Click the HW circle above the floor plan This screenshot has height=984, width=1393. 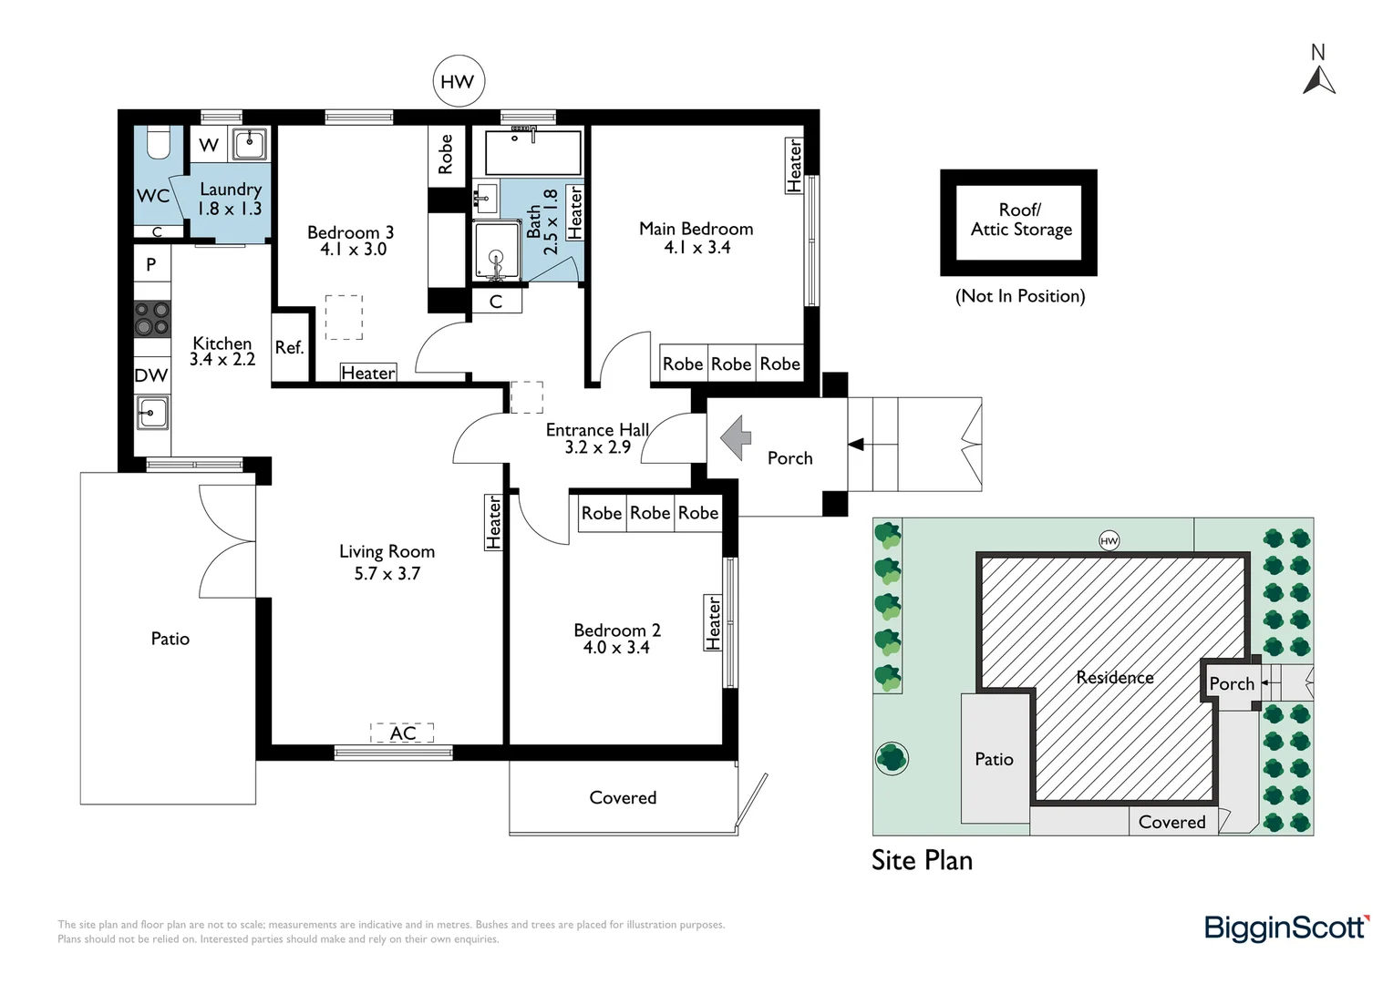458,82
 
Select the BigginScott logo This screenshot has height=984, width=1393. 1285,928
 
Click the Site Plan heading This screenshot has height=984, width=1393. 922,860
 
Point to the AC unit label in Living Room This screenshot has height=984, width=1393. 402,733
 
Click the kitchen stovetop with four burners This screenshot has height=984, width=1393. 152,319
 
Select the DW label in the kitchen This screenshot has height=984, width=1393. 151,375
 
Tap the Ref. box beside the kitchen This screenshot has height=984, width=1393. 289,348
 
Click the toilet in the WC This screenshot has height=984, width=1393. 160,144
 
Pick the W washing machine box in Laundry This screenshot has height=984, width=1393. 209,145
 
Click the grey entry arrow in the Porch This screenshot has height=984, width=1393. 736,437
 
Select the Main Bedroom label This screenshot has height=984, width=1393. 696,229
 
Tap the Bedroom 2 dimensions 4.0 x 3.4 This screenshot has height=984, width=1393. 616,648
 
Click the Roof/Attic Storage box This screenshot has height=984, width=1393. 1018,222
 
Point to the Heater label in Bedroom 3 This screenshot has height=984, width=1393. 367,373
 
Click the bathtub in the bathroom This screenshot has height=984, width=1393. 533,152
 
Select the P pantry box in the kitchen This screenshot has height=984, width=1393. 151,264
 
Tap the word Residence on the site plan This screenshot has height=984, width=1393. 1114,677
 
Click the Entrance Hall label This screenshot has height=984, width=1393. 597,430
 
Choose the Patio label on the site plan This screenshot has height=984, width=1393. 994,759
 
